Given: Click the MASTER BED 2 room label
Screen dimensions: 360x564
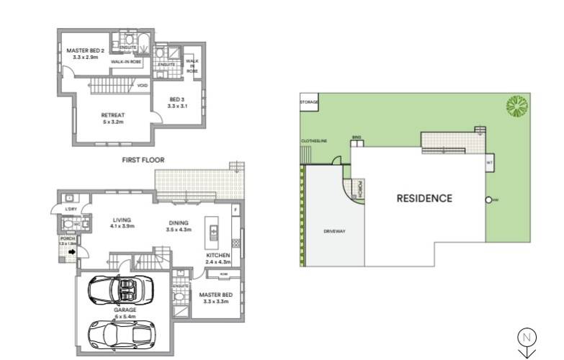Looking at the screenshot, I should [86, 54].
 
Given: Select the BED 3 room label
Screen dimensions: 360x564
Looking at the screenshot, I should [177, 102].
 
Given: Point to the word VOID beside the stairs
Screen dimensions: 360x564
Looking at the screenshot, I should [142, 86].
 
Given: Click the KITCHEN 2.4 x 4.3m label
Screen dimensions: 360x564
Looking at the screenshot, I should [218, 258].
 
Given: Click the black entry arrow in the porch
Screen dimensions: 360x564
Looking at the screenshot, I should [71, 252].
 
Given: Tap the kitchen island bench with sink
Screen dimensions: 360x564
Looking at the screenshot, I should [213, 230].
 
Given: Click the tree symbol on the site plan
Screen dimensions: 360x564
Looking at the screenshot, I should [516, 107].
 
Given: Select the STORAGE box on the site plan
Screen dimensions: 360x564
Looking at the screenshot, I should [309, 104].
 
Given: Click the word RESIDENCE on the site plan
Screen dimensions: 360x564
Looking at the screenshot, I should [424, 199].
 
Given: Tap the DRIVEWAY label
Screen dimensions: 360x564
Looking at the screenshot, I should [335, 232].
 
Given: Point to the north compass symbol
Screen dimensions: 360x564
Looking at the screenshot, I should [526, 337].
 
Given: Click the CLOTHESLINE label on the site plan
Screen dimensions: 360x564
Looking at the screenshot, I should [314, 140].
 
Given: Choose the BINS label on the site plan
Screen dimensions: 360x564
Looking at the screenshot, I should [356, 136].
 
